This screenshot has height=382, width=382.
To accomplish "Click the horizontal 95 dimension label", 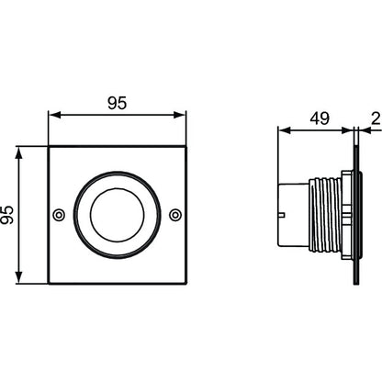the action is [x=117, y=103].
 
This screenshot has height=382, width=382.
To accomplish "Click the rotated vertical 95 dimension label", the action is [x=7, y=215].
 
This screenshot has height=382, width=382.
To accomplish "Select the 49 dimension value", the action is [x=320, y=118].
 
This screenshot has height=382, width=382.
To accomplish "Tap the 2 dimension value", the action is [x=376, y=118].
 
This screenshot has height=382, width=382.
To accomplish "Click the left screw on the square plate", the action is [x=59, y=215].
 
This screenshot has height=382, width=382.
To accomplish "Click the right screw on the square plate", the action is [x=175, y=215].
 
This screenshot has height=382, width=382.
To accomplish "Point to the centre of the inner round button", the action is [x=117, y=215].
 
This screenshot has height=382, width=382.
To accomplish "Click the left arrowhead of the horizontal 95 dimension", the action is [x=54, y=115].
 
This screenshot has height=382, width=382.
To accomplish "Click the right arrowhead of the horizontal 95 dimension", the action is [x=180, y=115].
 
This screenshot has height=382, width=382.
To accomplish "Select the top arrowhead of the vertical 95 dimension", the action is [x=19, y=153].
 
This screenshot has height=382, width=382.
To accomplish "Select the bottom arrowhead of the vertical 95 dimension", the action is [x=19, y=277].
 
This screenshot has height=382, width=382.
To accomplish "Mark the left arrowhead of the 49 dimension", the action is [x=284, y=130].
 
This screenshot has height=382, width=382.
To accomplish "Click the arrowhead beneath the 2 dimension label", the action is [x=365, y=130].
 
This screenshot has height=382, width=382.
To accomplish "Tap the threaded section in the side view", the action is [x=325, y=215].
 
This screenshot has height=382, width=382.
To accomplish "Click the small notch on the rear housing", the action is [x=282, y=215].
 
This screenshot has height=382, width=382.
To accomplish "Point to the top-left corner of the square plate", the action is [x=49, y=147].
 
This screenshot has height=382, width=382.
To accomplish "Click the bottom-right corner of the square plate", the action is [x=186, y=284].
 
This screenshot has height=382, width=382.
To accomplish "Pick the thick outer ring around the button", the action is [x=117, y=173].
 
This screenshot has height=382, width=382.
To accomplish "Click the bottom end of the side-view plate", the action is [x=356, y=285].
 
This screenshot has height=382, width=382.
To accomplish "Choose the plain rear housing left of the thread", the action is [x=293, y=215].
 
